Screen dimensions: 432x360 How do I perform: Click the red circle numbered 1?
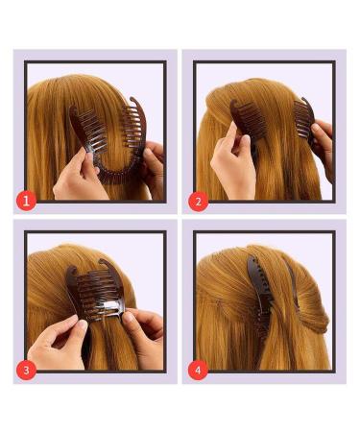tap(29, 202)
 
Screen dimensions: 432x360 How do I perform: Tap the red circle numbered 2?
tap(199, 202)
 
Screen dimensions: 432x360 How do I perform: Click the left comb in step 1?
tap(84, 130)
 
